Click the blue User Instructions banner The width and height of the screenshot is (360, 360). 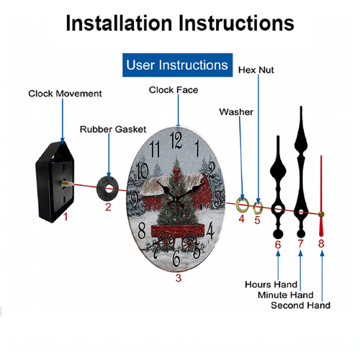click(x=177, y=65)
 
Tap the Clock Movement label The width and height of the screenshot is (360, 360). click(x=65, y=94)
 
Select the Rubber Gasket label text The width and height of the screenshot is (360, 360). click(x=113, y=130)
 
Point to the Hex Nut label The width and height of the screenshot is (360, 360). click(x=256, y=70)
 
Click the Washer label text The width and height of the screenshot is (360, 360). click(x=236, y=112)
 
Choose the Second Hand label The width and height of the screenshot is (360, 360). click(x=300, y=305)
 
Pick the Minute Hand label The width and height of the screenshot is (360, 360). click(x=286, y=294)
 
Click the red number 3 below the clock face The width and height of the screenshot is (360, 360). click(x=178, y=278)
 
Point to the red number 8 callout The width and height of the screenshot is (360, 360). click(x=321, y=243)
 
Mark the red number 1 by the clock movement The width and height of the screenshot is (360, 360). click(x=66, y=217)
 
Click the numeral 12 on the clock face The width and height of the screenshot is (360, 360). click(x=176, y=140)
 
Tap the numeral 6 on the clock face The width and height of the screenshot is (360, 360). click(x=176, y=258)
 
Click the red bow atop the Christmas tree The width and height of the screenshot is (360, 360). click(x=176, y=173)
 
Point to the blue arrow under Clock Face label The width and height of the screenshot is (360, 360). click(x=178, y=110)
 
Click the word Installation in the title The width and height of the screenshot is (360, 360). click(x=119, y=23)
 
